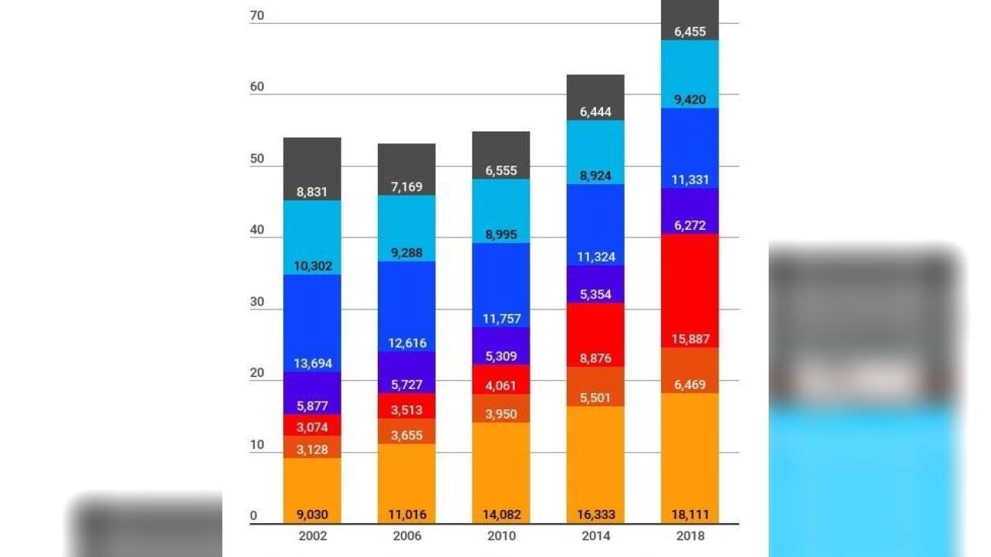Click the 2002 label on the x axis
312,536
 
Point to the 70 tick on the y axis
257,15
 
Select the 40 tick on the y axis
257,230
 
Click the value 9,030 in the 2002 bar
312,514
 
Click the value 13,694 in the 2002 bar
312,363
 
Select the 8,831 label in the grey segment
312,192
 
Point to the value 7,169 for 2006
406,186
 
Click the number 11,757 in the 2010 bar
501,319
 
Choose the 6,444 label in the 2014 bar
595,111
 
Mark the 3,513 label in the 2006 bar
406,410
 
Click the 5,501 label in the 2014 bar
595,398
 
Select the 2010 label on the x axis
501,536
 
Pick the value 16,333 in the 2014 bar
595,514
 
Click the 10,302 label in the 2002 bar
312,266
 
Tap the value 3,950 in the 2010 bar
501,414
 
